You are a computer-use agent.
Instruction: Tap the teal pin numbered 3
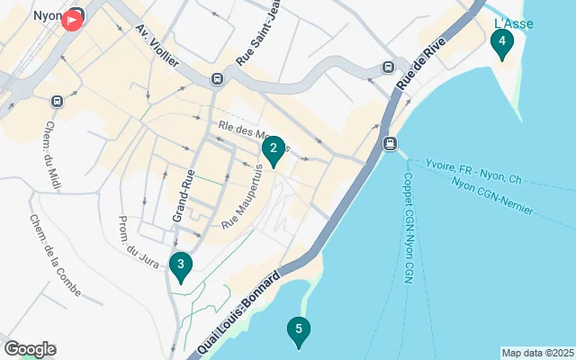tap(181, 265)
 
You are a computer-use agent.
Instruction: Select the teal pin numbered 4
tap(501, 40)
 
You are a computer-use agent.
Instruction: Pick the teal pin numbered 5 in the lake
tap(298, 330)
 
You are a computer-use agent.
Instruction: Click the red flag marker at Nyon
tap(71, 21)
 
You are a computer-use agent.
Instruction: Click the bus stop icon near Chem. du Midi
tap(57, 101)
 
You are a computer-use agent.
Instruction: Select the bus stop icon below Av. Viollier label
tap(217, 79)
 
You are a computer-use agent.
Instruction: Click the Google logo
tap(30, 348)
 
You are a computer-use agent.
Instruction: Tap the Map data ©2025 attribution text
tap(537, 353)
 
